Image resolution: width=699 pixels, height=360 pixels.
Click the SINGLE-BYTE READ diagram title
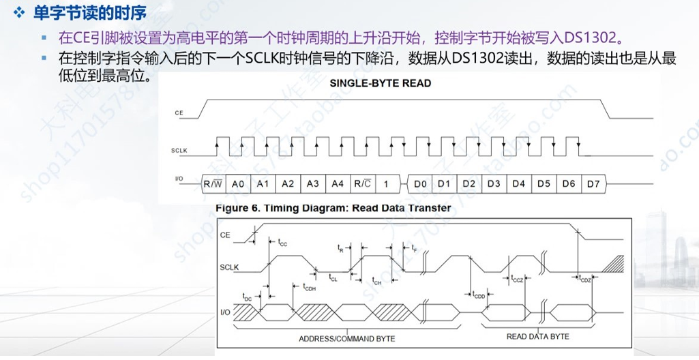[380, 83]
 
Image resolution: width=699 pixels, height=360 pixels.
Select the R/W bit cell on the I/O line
[212, 184]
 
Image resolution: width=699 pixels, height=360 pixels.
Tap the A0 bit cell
[238, 184]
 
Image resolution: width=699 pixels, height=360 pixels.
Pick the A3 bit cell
[312, 184]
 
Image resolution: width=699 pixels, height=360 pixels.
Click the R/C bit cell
[361, 184]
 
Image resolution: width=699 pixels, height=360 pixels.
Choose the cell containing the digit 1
[385, 184]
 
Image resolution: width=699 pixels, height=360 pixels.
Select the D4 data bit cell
[518, 184]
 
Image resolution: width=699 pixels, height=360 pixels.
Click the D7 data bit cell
[593, 184]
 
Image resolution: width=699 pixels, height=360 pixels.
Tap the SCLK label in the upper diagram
[181, 149]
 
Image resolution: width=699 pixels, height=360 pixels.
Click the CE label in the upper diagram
[179, 112]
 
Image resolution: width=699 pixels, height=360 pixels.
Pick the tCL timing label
[333, 278]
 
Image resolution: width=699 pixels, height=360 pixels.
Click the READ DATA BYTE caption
[537, 337]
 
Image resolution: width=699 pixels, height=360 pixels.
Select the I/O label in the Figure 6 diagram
[225, 313]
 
